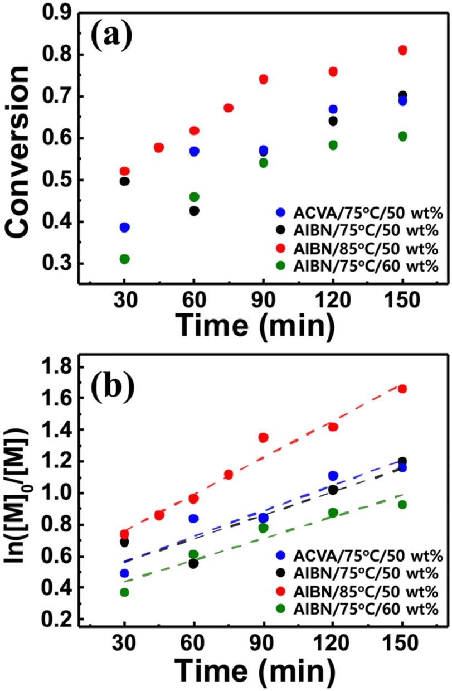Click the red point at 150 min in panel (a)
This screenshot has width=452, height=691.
coord(402,51)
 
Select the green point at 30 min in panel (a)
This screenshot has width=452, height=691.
coord(124,259)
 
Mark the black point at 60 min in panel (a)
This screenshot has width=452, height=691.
coord(194,211)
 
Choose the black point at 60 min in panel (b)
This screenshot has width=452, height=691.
coord(194,563)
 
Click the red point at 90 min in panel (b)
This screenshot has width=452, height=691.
coord(263,437)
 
